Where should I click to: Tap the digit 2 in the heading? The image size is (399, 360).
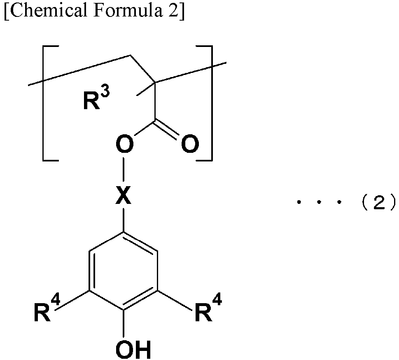pyautogui.click(x=173, y=11)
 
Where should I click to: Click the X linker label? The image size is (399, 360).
pyautogui.click(x=124, y=195)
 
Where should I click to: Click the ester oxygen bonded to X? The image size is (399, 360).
pyautogui.click(x=124, y=144)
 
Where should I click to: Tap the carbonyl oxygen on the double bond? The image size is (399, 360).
pyautogui.click(x=190, y=144)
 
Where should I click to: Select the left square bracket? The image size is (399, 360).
pyautogui.click(x=50, y=103)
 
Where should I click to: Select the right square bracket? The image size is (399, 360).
pyautogui.click(x=204, y=103)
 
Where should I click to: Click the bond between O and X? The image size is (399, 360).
pyautogui.click(x=124, y=169)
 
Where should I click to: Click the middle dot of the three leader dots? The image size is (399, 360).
pyautogui.click(x=319, y=202)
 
